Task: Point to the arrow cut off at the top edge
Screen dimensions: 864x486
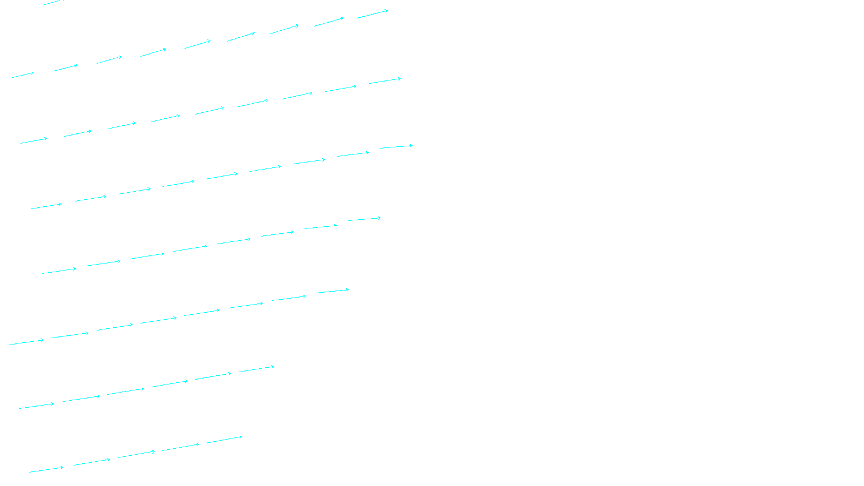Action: (52, 3)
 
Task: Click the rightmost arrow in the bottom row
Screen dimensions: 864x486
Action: (224, 440)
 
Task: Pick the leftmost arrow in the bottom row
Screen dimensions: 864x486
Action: (46, 470)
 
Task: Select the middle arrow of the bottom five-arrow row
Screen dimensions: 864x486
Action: (136, 455)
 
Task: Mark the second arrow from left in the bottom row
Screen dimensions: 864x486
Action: (92, 462)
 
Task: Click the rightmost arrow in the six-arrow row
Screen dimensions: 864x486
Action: (256, 369)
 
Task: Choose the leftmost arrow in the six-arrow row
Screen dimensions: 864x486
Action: (36, 406)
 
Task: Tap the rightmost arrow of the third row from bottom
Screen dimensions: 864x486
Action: (332, 292)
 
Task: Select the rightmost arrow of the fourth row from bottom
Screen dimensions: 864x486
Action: (364, 219)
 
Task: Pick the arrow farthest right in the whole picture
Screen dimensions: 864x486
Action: (396, 146)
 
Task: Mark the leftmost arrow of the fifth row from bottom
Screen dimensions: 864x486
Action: (46, 206)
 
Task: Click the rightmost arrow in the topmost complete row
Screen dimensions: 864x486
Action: (372, 14)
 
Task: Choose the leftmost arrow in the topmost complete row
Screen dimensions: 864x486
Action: (22, 75)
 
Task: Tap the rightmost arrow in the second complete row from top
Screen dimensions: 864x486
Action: (384, 81)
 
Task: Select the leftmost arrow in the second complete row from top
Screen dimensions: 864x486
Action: (33, 141)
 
